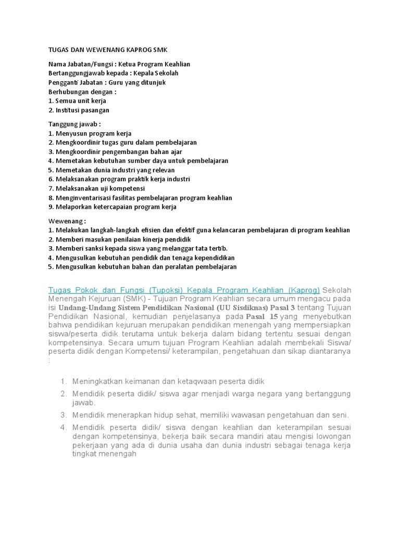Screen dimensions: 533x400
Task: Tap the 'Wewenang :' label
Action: click(x=67, y=220)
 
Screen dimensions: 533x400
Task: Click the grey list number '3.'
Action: click(x=64, y=415)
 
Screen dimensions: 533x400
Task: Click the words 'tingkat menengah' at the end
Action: click(x=104, y=454)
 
